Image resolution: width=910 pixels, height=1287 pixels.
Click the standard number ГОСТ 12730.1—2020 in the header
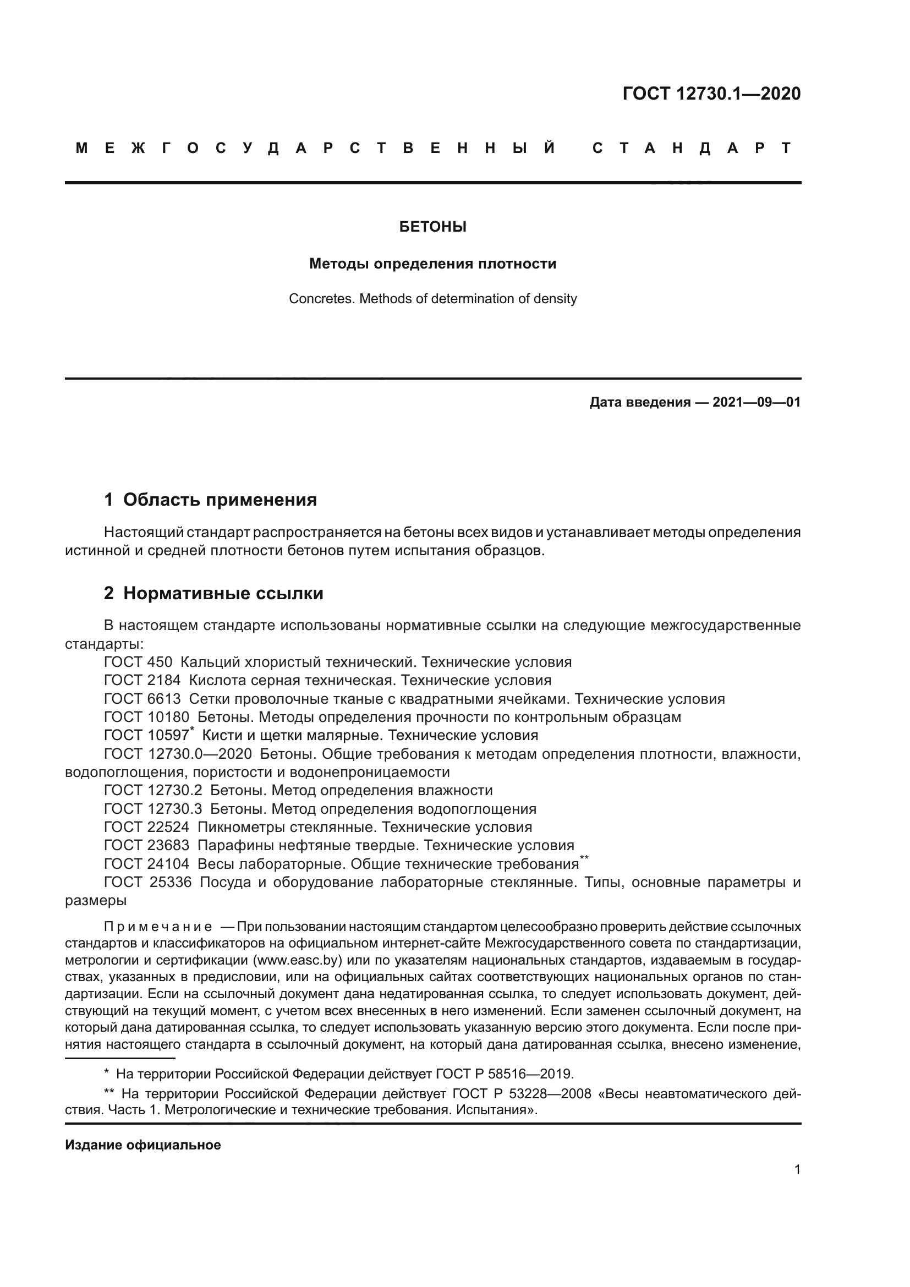pos(711,94)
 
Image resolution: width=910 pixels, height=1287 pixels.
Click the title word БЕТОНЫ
pos(432,227)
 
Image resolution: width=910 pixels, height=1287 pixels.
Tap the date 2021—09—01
pos(756,402)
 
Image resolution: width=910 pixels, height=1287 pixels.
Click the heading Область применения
pos(220,500)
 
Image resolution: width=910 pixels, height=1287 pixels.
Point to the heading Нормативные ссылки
pos(223,593)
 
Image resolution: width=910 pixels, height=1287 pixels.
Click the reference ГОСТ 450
pos(138,662)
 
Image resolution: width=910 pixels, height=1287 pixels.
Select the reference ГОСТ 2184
pos(142,681)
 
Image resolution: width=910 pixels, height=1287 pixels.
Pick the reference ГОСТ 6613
pos(142,699)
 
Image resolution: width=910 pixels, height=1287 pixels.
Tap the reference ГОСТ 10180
pos(147,717)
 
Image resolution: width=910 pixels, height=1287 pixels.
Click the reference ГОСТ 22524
pos(147,827)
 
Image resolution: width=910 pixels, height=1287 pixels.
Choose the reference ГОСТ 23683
pos(147,845)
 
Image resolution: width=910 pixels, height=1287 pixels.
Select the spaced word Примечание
pos(158,927)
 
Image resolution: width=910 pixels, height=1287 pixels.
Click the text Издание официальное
pos(143,1145)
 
